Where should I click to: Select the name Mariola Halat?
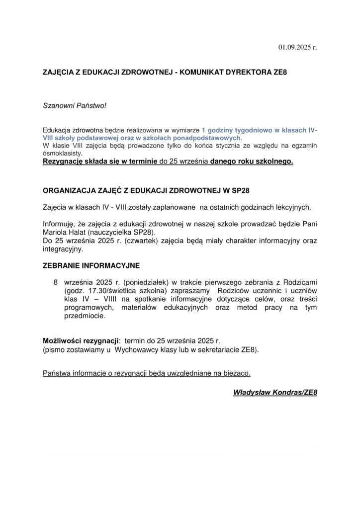pos(65,233)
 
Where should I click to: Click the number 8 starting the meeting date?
pos(56,282)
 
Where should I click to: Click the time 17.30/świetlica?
pos(105,291)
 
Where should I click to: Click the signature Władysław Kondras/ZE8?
pos(275,393)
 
